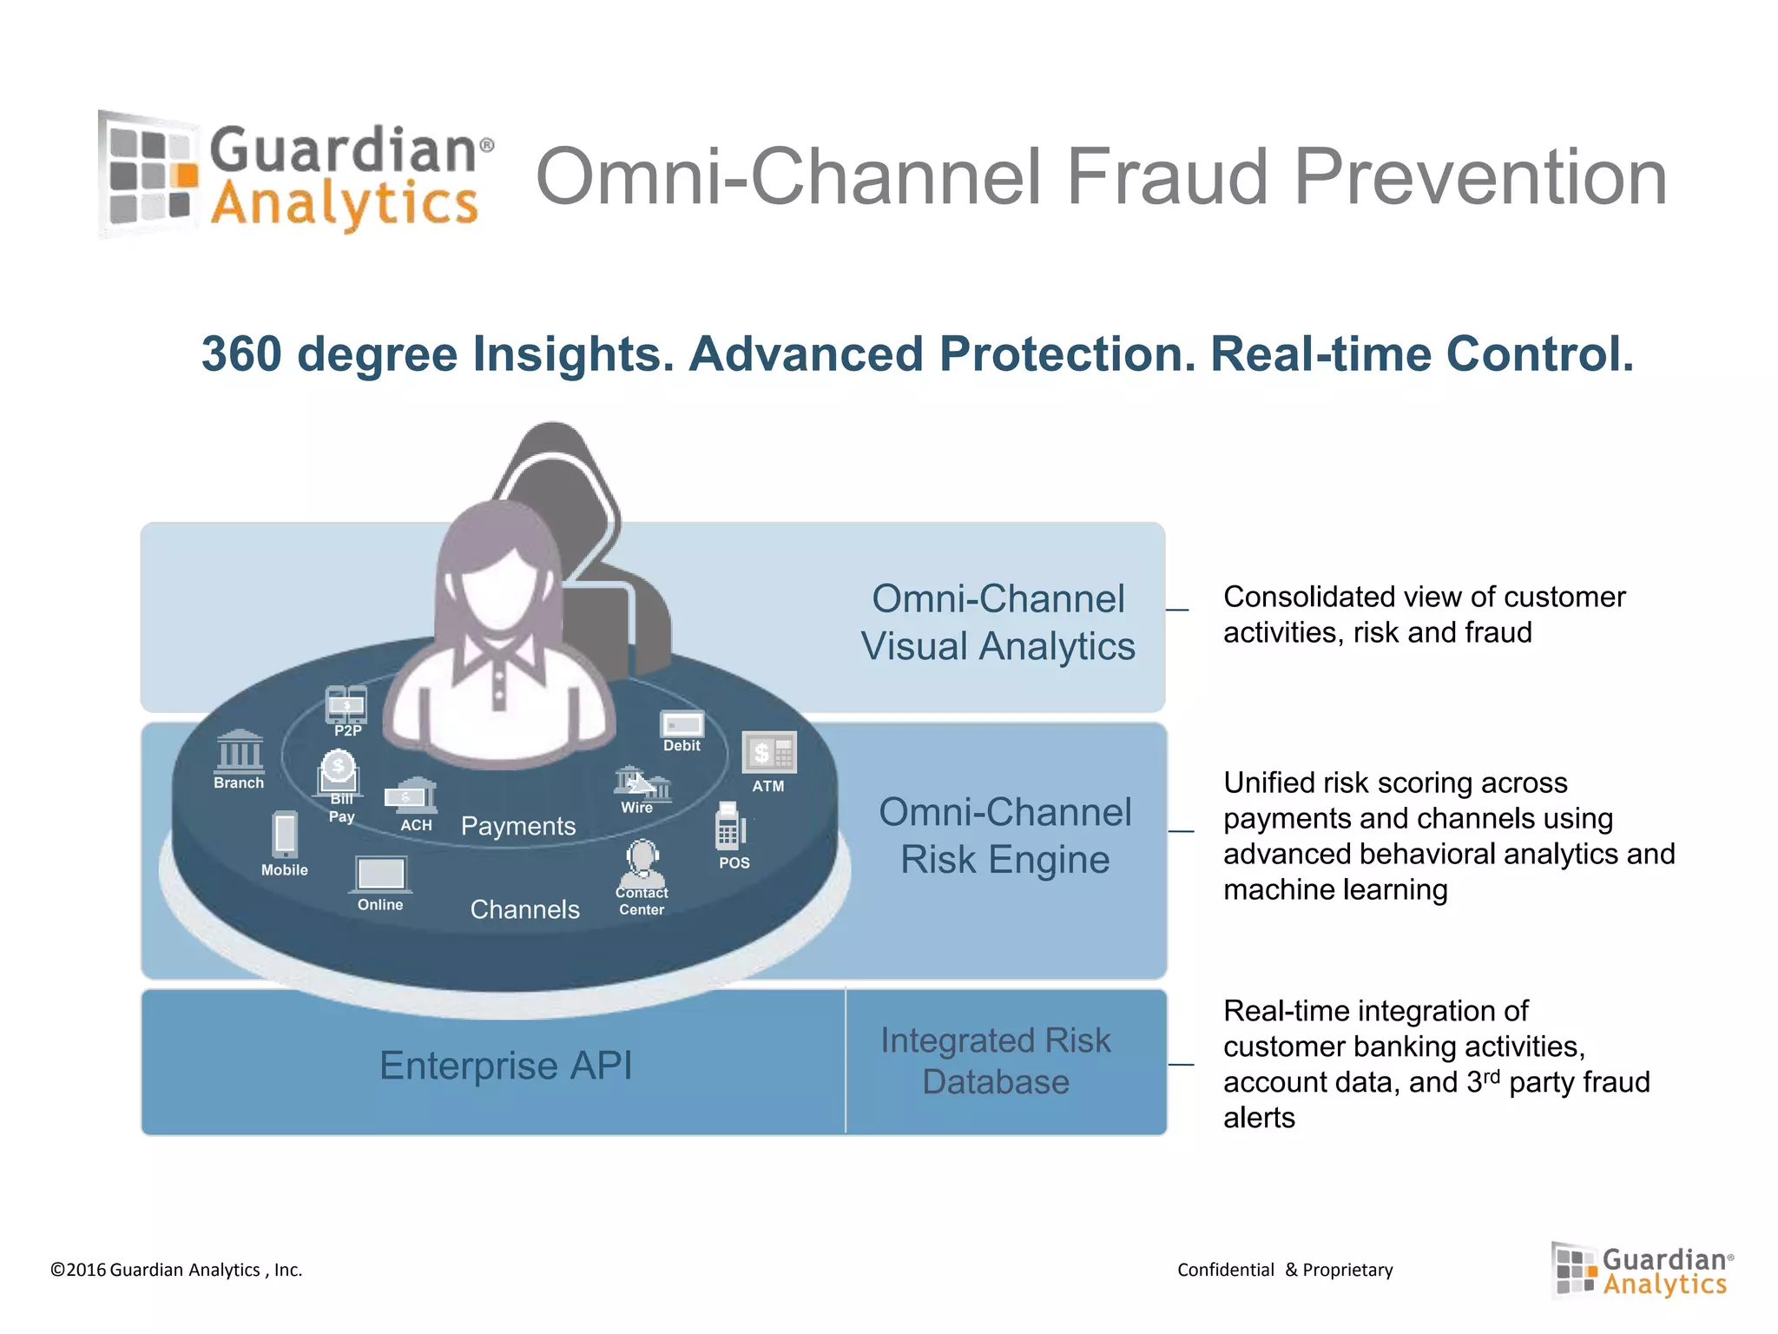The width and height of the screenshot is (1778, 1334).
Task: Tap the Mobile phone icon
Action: [x=285, y=834]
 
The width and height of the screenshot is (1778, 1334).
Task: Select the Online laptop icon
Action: [x=380, y=874]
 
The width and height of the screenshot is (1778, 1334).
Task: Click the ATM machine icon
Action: [x=768, y=752]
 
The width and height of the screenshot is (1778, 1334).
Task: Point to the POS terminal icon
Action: [x=729, y=826]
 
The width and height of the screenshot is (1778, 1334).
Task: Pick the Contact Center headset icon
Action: [x=642, y=861]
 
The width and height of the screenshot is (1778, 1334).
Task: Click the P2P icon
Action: [x=346, y=704]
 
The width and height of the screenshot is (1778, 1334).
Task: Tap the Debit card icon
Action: [x=682, y=724]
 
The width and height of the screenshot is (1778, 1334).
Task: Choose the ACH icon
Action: [x=411, y=796]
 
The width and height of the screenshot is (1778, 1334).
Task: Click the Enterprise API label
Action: [x=505, y=1065]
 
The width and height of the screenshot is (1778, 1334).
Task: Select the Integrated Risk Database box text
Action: [x=996, y=1060]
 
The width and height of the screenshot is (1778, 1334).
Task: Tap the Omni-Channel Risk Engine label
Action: [x=1004, y=835]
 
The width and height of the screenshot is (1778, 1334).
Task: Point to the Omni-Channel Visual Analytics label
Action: [x=998, y=622]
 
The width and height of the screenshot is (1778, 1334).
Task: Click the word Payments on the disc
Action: [x=518, y=826]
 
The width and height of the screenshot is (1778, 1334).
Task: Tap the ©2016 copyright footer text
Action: [x=176, y=1270]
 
